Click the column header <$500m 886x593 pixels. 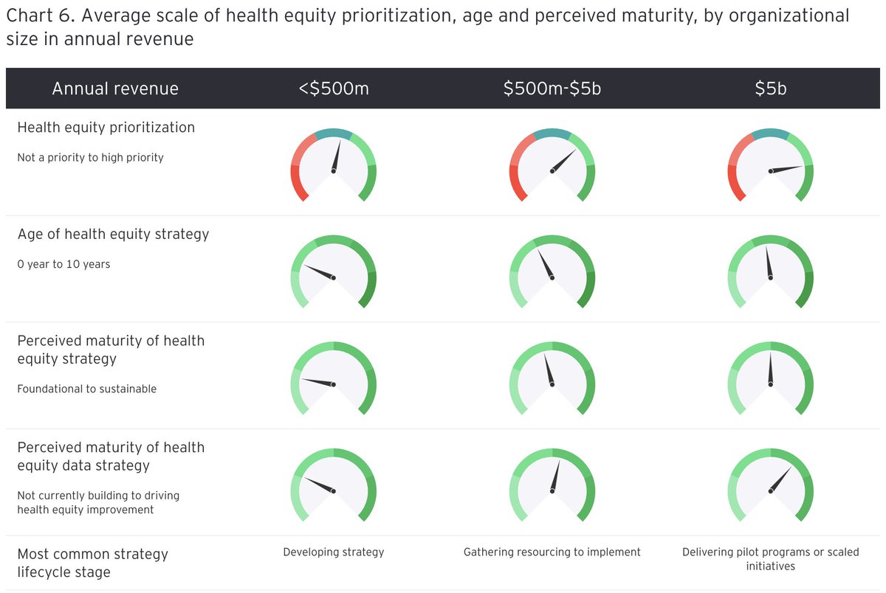(x=333, y=89)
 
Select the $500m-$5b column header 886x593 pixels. (x=552, y=89)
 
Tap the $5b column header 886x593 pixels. (x=770, y=89)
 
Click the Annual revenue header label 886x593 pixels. (x=115, y=89)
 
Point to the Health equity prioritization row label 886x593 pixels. (x=106, y=128)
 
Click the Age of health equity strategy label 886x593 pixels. (x=113, y=235)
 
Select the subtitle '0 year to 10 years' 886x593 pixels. (x=63, y=264)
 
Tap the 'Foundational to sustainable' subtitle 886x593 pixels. (x=87, y=389)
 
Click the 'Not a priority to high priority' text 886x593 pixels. (x=90, y=157)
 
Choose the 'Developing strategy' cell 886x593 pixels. (x=334, y=552)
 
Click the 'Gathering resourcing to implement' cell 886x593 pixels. (x=552, y=552)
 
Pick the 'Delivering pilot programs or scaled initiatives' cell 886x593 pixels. (x=770, y=558)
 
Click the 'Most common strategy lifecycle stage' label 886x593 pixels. (x=92, y=563)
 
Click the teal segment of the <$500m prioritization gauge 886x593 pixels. (x=333, y=133)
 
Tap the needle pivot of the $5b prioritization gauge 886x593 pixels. (x=770, y=171)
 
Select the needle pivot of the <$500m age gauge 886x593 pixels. (x=334, y=278)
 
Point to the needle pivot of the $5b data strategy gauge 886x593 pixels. (x=770, y=492)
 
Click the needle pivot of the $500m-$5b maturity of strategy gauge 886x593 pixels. (x=552, y=385)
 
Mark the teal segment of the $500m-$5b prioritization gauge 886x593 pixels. (x=552, y=133)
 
